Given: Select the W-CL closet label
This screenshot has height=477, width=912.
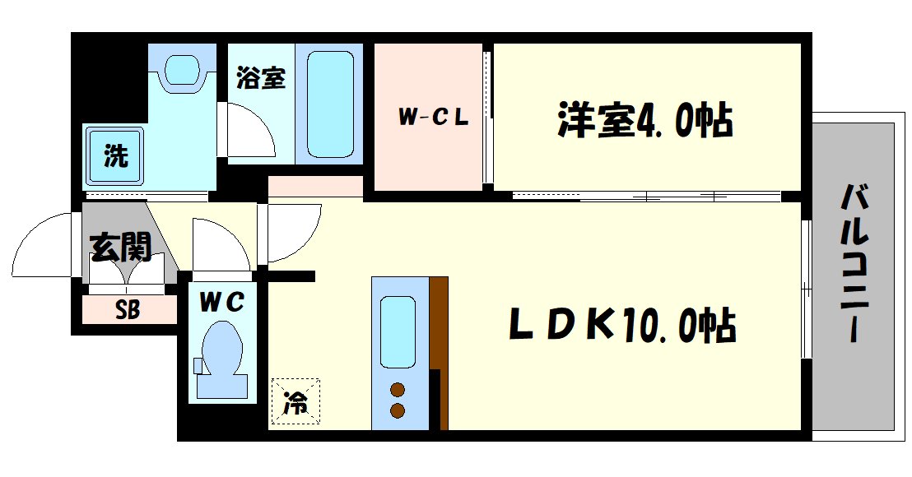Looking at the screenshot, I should point(433,118).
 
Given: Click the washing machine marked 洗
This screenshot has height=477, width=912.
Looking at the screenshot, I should point(114,156).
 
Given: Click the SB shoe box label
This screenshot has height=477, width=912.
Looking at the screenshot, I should point(128,310).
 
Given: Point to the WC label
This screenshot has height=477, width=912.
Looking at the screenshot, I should point(221,303).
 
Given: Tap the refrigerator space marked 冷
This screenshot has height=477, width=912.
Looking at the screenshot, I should point(295,402).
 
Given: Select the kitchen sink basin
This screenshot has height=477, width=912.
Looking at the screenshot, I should point(398,330).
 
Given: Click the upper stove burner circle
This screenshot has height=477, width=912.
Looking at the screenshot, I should point(398,390).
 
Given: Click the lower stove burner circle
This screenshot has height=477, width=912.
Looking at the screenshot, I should point(398,410).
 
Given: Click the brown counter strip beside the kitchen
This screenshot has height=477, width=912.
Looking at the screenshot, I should point(439,354).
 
